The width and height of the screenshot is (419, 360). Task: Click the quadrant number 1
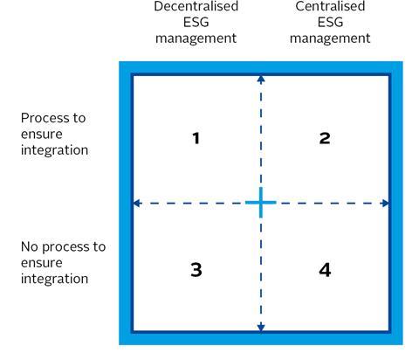click(x=196, y=138)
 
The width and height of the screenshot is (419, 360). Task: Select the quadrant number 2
click(x=325, y=138)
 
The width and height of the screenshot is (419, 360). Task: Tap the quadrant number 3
click(x=196, y=270)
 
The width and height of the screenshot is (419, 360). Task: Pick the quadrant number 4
click(x=325, y=270)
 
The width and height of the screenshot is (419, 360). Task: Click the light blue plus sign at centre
click(x=261, y=202)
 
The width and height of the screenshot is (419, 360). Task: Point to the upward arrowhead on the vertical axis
click(x=261, y=80)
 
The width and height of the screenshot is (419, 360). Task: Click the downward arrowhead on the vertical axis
click(x=261, y=327)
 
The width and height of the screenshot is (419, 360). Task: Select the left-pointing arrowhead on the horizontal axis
click(x=137, y=203)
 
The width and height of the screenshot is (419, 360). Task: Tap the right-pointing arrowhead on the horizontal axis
click(x=385, y=203)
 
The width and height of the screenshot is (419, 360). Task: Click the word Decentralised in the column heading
click(x=196, y=6)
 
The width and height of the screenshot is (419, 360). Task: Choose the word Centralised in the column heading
click(x=330, y=6)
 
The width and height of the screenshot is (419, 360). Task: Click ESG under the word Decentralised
click(x=196, y=22)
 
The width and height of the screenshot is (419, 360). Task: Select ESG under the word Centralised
click(x=330, y=22)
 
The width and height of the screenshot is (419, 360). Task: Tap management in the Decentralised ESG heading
click(x=196, y=38)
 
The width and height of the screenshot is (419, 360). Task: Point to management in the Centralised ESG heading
click(x=330, y=38)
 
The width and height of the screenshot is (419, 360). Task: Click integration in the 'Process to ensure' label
click(x=54, y=150)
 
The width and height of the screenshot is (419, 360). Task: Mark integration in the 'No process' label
click(x=54, y=279)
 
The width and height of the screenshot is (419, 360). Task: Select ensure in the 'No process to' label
click(x=42, y=263)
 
